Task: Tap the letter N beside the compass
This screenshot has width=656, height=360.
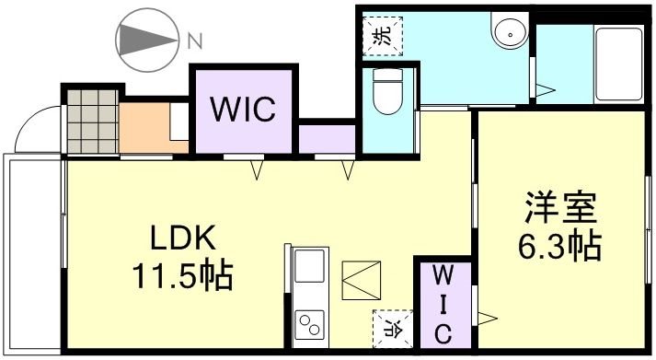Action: pyautogui.click(x=194, y=41)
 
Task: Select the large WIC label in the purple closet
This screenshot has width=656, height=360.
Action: pyautogui.click(x=244, y=110)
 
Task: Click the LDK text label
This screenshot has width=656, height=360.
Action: pyautogui.click(x=183, y=239)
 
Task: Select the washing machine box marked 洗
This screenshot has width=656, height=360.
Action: pyautogui.click(x=380, y=37)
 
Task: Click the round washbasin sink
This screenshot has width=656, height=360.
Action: pyautogui.click(x=507, y=33)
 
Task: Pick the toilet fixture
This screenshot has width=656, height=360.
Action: pyautogui.click(x=386, y=95)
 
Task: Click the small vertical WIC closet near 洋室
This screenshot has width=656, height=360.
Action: pyautogui.click(x=441, y=305)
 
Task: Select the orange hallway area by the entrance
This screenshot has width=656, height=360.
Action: pyautogui.click(x=145, y=127)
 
